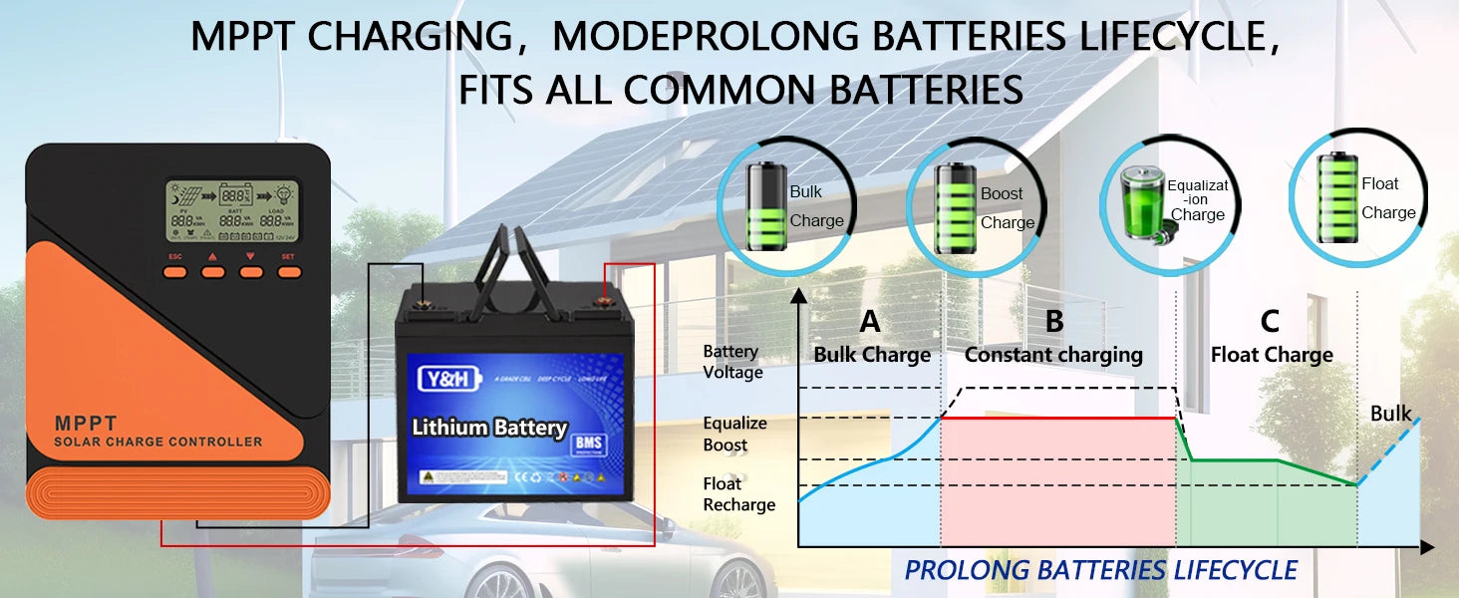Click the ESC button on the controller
coord(175,270)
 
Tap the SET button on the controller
coord(289,270)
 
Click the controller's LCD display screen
coord(233,212)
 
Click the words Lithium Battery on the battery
coord(489,428)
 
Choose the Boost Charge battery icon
coord(955,207)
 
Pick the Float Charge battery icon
coord(1336,197)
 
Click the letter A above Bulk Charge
coord(870,323)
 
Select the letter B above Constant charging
coord(1054,323)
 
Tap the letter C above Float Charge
coord(1270,322)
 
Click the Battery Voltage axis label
coord(732,362)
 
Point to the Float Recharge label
coord(738,494)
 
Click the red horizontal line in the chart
coord(1056,419)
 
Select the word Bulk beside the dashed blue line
coord(1390,414)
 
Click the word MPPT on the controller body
coord(87,424)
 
